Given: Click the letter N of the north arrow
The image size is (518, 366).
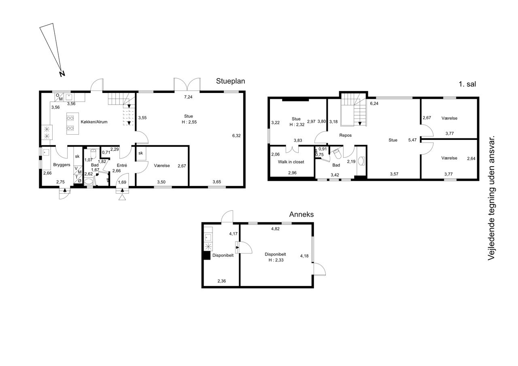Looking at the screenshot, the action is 62,74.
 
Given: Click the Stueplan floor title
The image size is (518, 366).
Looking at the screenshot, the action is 230,81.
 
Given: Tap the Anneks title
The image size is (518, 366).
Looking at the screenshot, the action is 301,214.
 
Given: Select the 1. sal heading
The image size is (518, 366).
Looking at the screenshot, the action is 467,84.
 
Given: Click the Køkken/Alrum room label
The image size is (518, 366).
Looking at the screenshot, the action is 94,122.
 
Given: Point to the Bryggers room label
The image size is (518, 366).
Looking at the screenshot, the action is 62,165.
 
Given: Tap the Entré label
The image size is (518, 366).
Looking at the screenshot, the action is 122,165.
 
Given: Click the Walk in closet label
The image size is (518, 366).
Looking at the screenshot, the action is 291,162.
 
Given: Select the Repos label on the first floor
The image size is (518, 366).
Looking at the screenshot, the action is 346,135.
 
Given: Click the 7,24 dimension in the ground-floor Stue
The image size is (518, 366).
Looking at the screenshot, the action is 188,97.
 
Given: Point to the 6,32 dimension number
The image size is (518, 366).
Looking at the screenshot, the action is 236,135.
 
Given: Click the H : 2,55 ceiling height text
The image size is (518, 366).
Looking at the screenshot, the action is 189,122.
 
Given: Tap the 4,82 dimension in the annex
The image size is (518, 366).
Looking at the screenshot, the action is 275,229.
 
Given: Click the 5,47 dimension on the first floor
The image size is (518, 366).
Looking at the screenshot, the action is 412,140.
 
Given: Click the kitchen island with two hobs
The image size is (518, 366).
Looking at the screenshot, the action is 72,123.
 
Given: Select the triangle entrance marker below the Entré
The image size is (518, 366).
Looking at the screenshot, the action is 122,197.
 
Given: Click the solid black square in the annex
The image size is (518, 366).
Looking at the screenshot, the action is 207,255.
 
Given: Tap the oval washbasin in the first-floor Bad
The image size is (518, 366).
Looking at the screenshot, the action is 361,161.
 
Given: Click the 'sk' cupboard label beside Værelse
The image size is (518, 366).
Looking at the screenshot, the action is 140,153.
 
